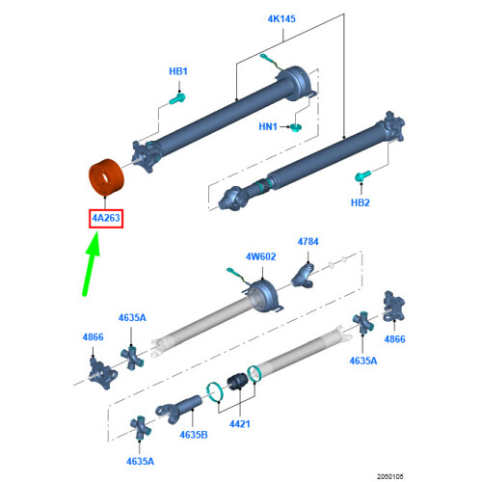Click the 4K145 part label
[x=281, y=19]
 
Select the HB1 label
[x=178, y=71]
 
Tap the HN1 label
[x=268, y=126]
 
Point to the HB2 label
[x=361, y=202]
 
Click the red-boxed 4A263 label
[x=106, y=218]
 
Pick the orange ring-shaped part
[x=106, y=176]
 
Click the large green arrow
[x=92, y=264]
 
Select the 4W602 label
[x=260, y=256]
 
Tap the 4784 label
[x=308, y=242]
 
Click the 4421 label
[x=240, y=424]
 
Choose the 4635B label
[x=194, y=435]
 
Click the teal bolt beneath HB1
[x=177, y=98]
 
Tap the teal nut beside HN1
[x=296, y=127]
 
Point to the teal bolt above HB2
[x=362, y=176]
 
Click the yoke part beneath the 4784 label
[x=303, y=276]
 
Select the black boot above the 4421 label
[x=237, y=382]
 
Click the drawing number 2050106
[x=390, y=476]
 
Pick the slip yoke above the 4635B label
[x=178, y=409]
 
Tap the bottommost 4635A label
[x=140, y=462]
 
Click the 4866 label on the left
[x=94, y=337]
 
